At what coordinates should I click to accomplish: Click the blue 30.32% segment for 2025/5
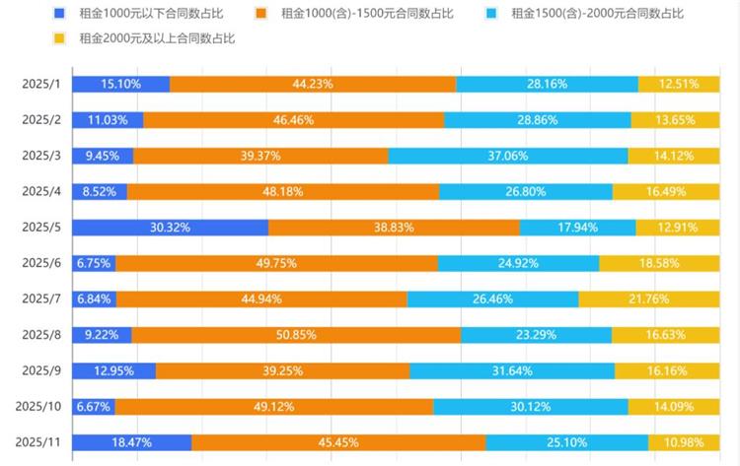click(x=170, y=227)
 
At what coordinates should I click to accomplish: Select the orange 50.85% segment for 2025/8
click(x=296, y=334)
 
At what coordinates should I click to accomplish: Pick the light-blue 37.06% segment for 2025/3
click(x=507, y=156)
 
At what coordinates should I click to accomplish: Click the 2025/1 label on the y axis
click(x=41, y=85)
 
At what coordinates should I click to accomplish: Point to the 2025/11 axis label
click(x=38, y=442)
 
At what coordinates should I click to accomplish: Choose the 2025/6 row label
click(x=41, y=263)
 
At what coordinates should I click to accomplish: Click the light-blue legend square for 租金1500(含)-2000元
click(x=490, y=14)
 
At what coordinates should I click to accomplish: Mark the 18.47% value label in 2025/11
click(x=131, y=442)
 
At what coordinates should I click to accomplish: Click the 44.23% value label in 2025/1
click(x=313, y=85)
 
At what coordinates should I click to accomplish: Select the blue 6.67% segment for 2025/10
click(x=94, y=406)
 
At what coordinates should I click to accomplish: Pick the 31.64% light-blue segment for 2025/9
click(x=512, y=370)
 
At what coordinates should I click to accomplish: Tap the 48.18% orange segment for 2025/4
click(x=283, y=191)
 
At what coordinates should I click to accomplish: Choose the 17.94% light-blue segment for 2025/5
click(x=577, y=227)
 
